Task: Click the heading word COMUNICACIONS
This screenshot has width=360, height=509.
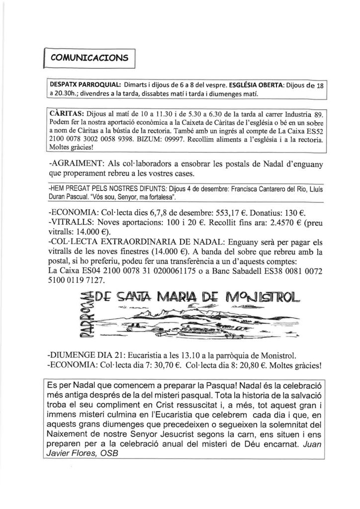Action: point(89,57)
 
